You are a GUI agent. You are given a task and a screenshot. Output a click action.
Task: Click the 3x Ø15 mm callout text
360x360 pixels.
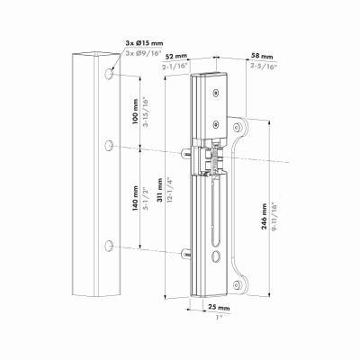[x=144, y=43]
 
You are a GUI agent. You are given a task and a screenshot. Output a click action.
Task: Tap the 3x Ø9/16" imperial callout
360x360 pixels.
[x=144, y=53]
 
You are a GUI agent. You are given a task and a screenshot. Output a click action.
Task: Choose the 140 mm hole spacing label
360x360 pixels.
[x=135, y=198]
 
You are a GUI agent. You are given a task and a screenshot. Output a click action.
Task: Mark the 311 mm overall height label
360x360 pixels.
[x=160, y=191]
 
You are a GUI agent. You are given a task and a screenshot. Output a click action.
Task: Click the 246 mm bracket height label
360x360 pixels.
[x=264, y=216]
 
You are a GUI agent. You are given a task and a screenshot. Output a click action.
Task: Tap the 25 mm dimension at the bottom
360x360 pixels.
[x=219, y=308]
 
